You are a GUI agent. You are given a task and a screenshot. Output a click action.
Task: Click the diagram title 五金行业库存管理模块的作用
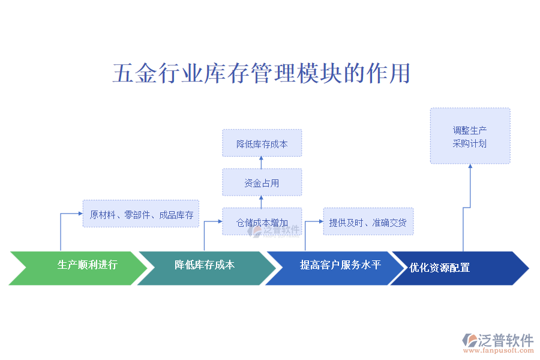262,73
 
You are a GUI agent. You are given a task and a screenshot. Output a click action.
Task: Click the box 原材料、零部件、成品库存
141,214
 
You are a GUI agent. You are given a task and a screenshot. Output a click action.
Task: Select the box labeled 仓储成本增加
262,222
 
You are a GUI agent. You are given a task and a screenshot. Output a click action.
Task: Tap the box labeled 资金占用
262,182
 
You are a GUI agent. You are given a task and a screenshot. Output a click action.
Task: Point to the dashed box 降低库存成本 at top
262,143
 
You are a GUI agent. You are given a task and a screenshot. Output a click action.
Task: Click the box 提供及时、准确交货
368,222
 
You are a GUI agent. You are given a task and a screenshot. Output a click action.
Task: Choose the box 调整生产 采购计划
470,136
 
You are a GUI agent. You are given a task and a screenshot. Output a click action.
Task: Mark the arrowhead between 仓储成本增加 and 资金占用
262,199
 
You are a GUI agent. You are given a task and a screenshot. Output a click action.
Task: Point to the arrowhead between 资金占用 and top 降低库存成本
262,160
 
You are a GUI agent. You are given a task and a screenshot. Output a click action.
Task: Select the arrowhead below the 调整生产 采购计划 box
470,167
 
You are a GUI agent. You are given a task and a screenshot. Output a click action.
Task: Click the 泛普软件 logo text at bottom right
505,340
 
